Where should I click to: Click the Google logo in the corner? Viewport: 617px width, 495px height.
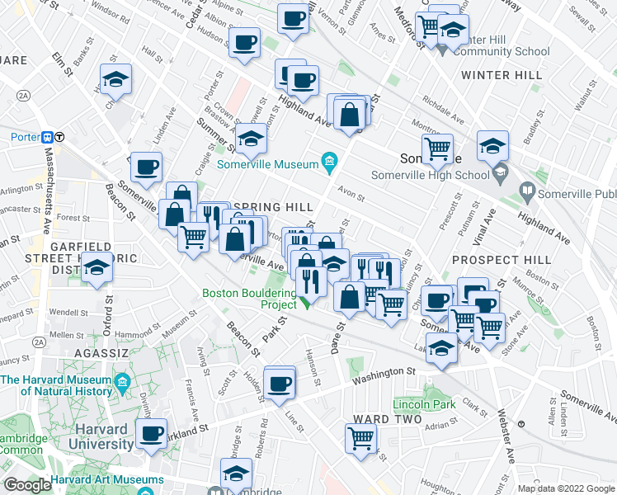pyautogui.click(x=27, y=484)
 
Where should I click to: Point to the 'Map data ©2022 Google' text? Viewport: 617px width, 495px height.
pyautogui.click(x=565, y=488)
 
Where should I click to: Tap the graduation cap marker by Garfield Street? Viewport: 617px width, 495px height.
pyautogui.click(x=97, y=269)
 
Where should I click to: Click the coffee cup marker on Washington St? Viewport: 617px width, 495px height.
pyautogui.click(x=280, y=383)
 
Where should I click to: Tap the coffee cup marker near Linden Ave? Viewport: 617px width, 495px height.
pyautogui.click(x=147, y=167)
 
